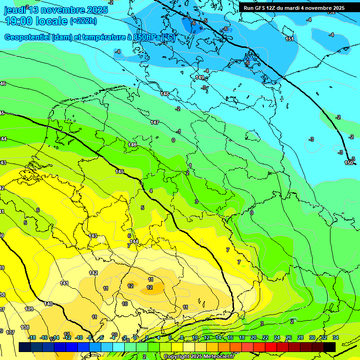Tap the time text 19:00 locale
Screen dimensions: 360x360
36,21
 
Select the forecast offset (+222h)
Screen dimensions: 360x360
83,21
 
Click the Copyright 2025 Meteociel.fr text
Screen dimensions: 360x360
199,357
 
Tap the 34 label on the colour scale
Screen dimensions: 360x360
335,337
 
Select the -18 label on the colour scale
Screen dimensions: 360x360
32,337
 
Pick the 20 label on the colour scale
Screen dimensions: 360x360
253,337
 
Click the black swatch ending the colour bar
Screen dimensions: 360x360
330,347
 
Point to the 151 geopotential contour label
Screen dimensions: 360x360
290,39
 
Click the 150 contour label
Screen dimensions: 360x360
348,163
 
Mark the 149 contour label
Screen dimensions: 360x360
200,77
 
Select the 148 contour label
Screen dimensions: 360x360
165,94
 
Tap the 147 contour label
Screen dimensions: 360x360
155,122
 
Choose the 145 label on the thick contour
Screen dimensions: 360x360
120,172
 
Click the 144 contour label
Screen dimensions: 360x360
134,241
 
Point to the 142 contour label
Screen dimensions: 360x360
93,273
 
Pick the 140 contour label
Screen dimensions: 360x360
48,304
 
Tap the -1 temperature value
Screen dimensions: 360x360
179,131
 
